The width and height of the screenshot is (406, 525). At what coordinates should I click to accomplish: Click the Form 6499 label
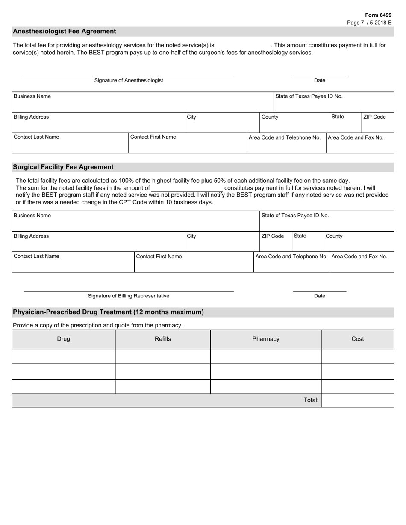(378, 15)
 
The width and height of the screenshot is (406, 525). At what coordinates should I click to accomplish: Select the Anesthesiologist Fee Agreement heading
(64, 31)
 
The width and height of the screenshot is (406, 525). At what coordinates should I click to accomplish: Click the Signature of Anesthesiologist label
(129, 80)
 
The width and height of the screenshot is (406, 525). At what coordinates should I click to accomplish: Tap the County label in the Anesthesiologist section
(270, 117)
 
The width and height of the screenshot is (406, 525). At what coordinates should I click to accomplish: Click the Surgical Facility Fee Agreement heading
(63, 167)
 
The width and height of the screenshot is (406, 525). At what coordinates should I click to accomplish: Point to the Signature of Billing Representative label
(129, 296)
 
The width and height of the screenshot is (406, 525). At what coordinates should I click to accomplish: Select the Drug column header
(64, 339)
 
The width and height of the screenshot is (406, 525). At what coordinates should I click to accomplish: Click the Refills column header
(163, 339)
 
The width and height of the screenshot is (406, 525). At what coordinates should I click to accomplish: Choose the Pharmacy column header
(266, 339)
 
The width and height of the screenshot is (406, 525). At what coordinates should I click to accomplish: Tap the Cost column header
(358, 339)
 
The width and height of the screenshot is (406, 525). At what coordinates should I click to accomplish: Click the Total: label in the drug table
(311, 400)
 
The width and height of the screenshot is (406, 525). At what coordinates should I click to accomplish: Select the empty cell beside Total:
(358, 400)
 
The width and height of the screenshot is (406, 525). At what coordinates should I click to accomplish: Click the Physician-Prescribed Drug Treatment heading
(108, 312)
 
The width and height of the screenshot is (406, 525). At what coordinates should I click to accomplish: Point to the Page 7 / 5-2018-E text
(369, 23)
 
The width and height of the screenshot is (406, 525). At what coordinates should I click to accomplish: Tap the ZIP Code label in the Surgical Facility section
(273, 236)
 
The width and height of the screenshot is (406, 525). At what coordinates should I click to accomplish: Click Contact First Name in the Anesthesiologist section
(153, 137)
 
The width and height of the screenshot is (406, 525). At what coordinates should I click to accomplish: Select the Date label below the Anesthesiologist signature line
(320, 80)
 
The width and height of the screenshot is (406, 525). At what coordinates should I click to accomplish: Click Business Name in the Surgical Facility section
(32, 216)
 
